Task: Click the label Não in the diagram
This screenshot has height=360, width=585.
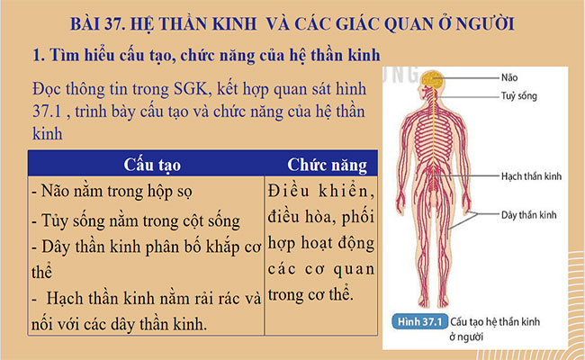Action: [511, 77]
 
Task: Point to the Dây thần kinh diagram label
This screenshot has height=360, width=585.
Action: [529, 215]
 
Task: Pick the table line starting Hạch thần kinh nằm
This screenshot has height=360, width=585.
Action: [144, 297]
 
